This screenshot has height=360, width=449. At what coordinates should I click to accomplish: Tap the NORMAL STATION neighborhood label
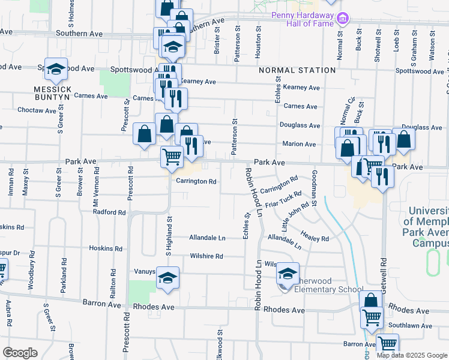[297, 70]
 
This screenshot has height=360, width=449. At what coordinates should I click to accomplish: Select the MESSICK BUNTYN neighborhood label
[52, 93]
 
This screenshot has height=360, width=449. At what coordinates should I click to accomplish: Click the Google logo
[20, 352]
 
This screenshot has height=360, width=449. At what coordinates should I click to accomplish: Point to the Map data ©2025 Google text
[412, 355]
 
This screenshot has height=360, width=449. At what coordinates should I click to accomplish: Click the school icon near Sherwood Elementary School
[288, 274]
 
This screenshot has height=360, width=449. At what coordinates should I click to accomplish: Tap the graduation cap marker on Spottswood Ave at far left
[55, 70]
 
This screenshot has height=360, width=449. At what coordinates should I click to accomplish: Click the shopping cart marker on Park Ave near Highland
[172, 157]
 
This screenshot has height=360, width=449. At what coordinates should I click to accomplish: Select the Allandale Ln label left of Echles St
[207, 238]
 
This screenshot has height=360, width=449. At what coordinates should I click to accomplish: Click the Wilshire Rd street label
[206, 256]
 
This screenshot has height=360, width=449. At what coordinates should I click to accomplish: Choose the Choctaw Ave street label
[37, 110]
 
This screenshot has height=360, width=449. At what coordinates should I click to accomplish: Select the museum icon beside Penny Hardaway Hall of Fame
[343, 18]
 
